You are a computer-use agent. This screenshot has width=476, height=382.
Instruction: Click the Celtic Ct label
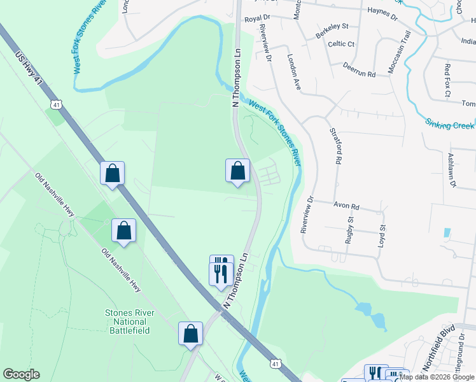click(x=341, y=44)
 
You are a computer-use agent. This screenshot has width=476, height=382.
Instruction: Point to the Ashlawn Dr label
click(x=452, y=170)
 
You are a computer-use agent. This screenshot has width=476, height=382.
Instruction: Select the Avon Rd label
click(x=347, y=207)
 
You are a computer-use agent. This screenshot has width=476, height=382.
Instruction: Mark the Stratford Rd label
click(x=333, y=146)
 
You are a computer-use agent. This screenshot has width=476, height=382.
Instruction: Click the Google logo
click(x=21, y=374)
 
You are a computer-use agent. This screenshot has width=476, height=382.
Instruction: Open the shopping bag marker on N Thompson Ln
click(x=237, y=171)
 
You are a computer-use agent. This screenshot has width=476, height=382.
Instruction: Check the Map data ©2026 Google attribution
click(x=437, y=377)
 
